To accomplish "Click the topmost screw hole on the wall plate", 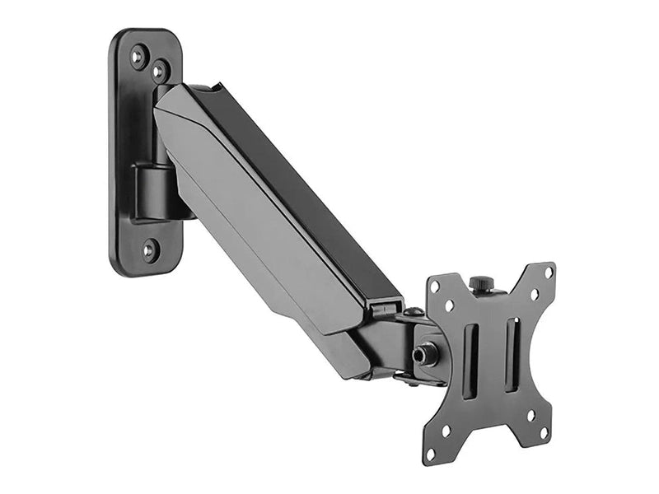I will (138, 56).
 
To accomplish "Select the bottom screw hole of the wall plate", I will (149, 249).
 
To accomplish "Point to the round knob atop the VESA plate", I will (483, 284).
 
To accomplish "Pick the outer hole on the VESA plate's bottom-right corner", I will (544, 431).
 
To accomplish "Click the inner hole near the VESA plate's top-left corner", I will (449, 306).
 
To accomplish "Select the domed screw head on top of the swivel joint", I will (414, 313).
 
